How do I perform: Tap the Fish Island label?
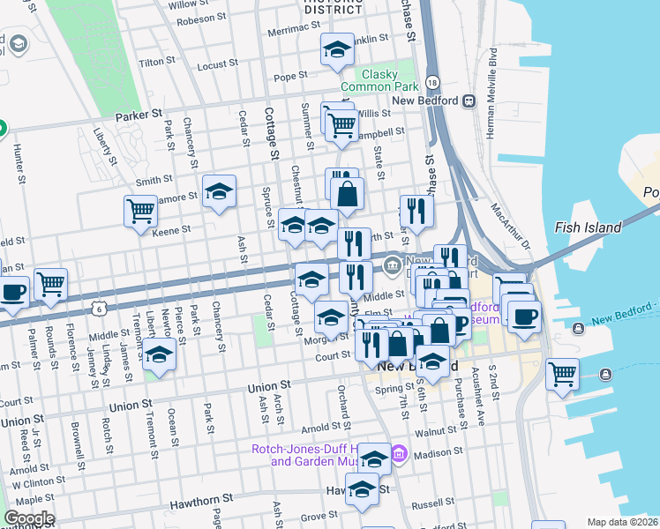tap(589, 227)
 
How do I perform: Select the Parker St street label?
tap(139, 115)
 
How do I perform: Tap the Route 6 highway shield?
tap(100, 308)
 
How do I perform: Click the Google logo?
tap(29, 518)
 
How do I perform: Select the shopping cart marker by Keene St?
tap(141, 211)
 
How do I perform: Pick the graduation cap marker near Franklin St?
tap(336, 51)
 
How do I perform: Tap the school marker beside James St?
tap(160, 355)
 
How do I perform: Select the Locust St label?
tap(218, 65)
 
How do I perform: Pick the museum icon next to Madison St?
tap(399, 454)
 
